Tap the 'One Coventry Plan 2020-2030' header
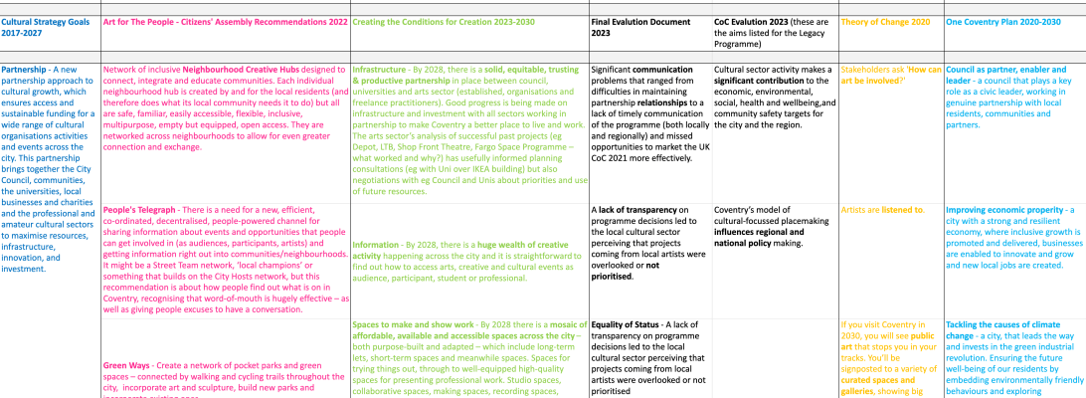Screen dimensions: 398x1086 [1000, 20]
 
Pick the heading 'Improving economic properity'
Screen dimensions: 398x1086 [1005, 210]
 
